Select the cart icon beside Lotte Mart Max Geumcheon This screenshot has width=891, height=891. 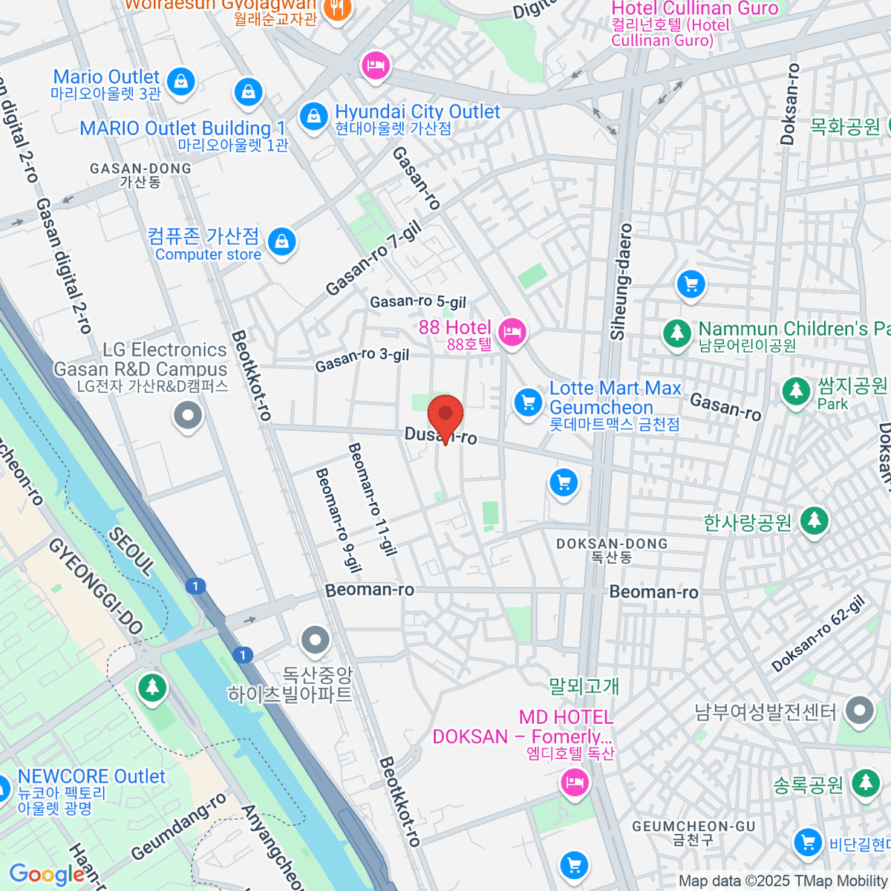(x=528, y=403)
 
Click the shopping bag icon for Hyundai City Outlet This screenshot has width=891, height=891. (x=314, y=117)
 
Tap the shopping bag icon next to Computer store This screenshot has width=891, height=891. (x=281, y=242)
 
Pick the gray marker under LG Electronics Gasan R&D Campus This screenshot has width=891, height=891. (x=188, y=415)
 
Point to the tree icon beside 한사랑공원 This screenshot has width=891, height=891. (x=815, y=520)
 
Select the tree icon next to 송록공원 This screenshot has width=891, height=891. (x=865, y=782)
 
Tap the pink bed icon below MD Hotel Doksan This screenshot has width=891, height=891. (x=574, y=782)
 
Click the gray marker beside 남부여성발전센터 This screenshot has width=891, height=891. (x=860, y=711)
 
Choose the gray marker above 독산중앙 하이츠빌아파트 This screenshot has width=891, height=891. (x=316, y=639)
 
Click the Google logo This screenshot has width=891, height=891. (x=47, y=874)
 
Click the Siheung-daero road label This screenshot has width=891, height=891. (x=621, y=282)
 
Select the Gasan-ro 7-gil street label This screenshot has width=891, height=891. (x=373, y=259)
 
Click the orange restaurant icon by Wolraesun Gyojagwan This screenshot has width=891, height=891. (x=339, y=10)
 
